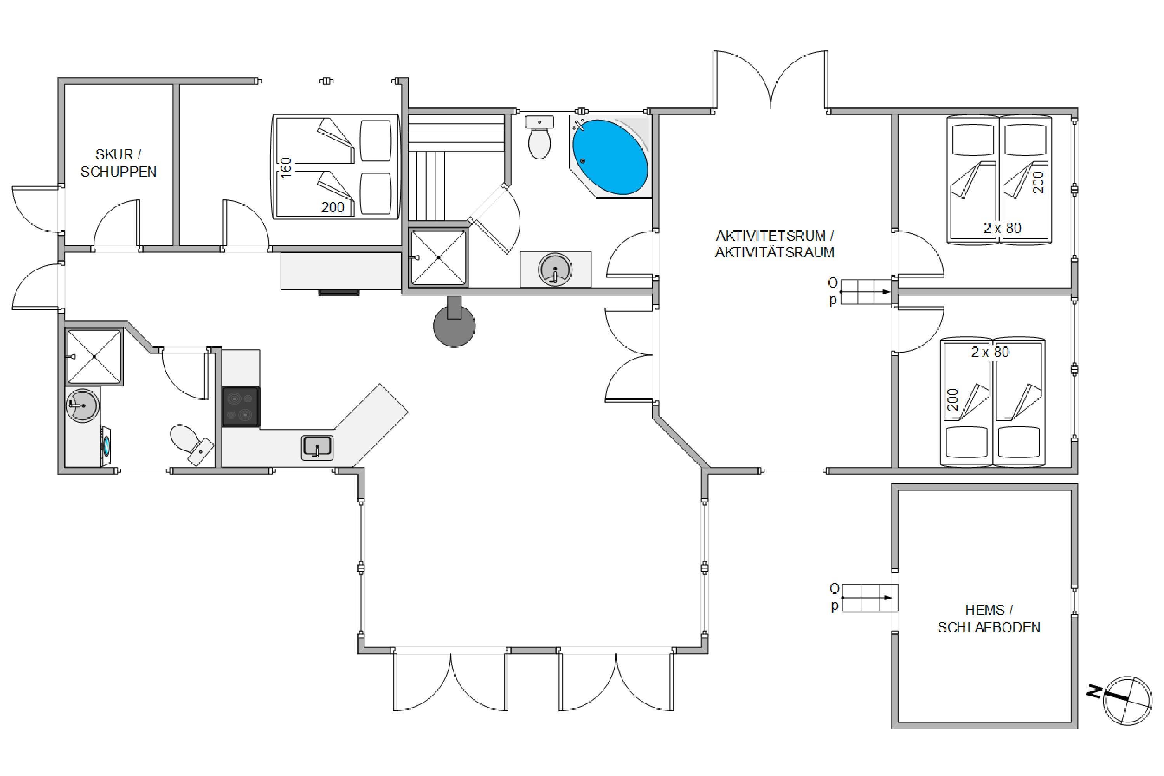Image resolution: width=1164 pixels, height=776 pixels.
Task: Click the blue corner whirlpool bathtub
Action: click(610, 156)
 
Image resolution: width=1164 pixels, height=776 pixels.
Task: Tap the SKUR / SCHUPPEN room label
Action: click(119, 163)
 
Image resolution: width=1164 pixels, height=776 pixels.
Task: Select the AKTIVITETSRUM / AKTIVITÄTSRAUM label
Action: click(774, 244)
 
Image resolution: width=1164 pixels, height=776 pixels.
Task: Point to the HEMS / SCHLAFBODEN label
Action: click(989, 618)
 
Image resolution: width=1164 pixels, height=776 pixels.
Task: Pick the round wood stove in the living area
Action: click(454, 322)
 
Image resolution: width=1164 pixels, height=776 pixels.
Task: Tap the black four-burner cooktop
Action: click(241, 407)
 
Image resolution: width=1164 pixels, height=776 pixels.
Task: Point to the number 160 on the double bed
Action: click(286, 168)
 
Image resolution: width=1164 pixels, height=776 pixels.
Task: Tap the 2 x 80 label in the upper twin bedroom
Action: click(1002, 228)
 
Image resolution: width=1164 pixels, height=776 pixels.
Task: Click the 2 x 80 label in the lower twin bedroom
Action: click(990, 352)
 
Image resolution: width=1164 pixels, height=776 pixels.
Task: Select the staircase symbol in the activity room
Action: click(865, 292)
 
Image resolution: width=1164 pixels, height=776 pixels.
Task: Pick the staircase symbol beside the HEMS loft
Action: click(870, 598)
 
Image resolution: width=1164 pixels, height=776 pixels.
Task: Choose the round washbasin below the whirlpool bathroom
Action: click(555, 269)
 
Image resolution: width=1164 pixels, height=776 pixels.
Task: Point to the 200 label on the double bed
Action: click(333, 207)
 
